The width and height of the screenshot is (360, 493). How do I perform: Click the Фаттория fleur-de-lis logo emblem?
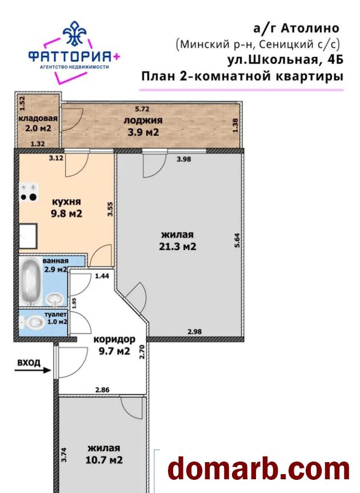tap(75, 35)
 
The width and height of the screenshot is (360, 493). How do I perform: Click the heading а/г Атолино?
tap(296, 28)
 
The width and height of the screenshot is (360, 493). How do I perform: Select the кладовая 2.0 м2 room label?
tap(38, 124)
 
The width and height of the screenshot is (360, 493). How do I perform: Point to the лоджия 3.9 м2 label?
tap(143, 126)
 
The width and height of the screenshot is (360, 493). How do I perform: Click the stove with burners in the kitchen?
tap(29, 193)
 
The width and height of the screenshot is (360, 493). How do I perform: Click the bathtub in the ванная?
tap(31, 284)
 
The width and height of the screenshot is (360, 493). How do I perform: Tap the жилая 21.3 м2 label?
tap(178, 241)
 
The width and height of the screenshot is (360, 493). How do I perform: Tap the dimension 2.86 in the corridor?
tap(102, 389)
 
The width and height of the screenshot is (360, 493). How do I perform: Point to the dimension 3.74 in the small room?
tap(65, 454)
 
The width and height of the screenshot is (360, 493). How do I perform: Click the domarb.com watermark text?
tap(259, 470)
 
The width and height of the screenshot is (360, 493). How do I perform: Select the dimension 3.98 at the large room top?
tap(183, 160)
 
